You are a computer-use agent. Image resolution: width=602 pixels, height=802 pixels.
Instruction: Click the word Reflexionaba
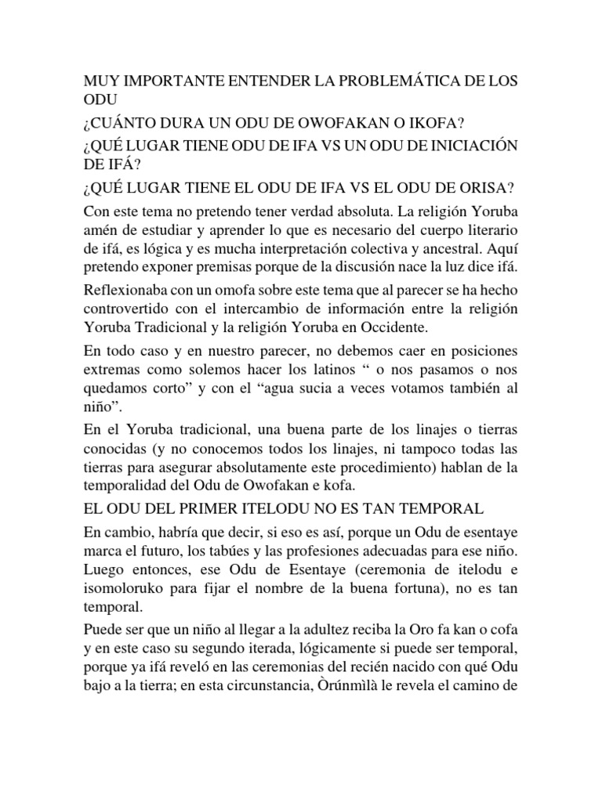point(129,290)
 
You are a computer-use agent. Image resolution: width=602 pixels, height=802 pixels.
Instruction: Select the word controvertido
point(125,307)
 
